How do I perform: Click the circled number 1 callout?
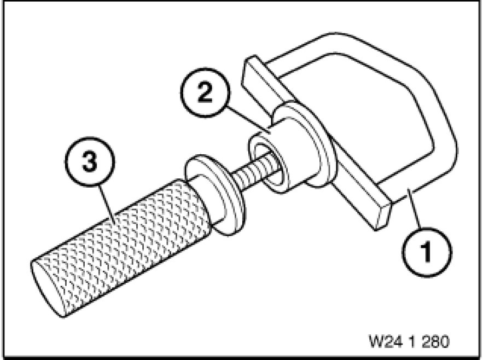coord(427,252)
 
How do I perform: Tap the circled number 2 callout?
coord(205,92)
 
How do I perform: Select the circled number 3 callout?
coord(89,162)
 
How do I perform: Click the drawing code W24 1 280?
coord(409,341)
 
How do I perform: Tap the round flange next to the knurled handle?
coord(216,195)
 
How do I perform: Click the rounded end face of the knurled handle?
coord(46,288)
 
